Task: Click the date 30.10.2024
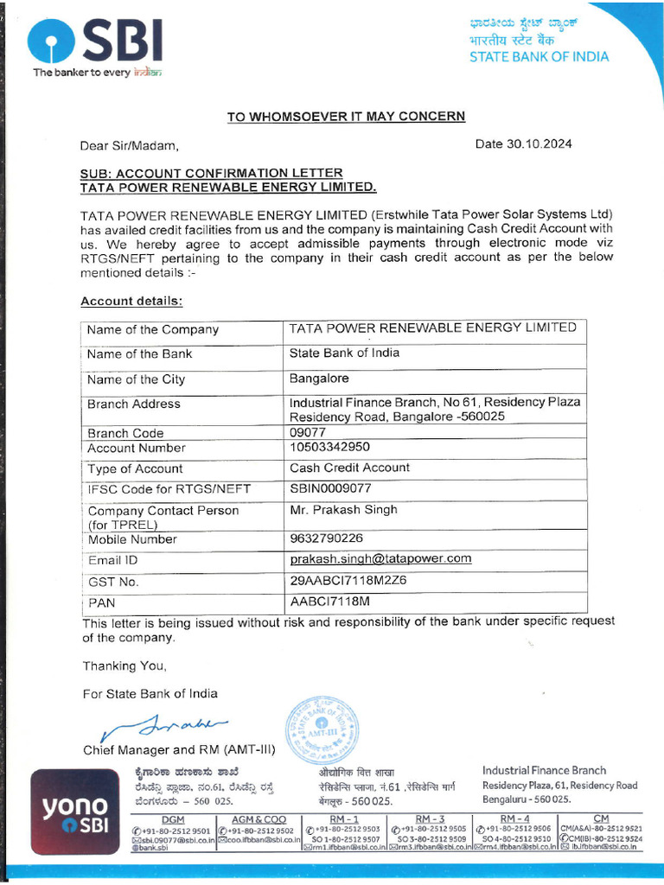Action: [x=523, y=144]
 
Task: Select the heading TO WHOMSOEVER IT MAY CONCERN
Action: [x=346, y=117]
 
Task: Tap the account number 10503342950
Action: [x=329, y=447]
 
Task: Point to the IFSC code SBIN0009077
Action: [x=330, y=488]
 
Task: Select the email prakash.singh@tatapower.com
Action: [x=380, y=558]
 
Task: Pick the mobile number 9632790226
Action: [x=326, y=538]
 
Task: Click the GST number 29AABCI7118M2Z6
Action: [x=348, y=581]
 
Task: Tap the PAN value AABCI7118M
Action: [x=329, y=601]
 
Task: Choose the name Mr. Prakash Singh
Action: [x=343, y=510]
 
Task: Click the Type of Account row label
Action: [x=135, y=468]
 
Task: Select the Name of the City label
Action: [x=136, y=379]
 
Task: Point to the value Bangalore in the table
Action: [x=319, y=379]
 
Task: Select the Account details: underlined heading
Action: [x=131, y=302]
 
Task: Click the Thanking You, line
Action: [x=124, y=666]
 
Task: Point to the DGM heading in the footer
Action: [x=173, y=819]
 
